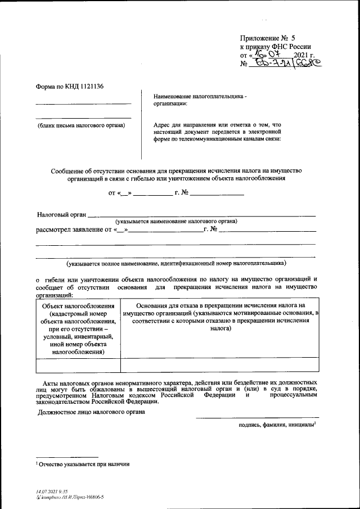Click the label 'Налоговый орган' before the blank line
(61, 214)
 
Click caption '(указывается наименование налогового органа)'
(176, 222)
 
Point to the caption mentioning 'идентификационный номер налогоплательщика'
(176, 263)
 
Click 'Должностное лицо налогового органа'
(91, 412)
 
